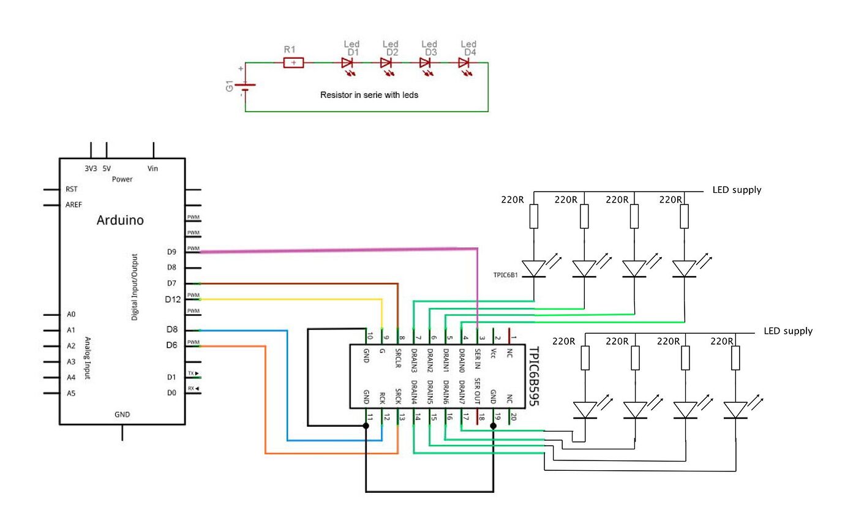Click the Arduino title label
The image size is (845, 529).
point(120,220)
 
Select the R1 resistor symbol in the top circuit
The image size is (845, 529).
point(294,62)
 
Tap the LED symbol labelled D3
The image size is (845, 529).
point(425,62)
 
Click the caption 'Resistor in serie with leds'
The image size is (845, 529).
point(369,96)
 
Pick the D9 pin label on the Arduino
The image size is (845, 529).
point(171,252)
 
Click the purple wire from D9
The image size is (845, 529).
point(337,250)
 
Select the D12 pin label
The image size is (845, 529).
point(173,299)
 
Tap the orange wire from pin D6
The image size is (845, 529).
point(265,398)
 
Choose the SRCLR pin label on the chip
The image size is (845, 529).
point(398,355)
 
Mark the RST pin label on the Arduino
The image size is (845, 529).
point(71,189)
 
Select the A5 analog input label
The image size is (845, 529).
point(71,393)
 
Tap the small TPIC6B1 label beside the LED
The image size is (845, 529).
point(505,276)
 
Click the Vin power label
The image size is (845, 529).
point(153,168)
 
